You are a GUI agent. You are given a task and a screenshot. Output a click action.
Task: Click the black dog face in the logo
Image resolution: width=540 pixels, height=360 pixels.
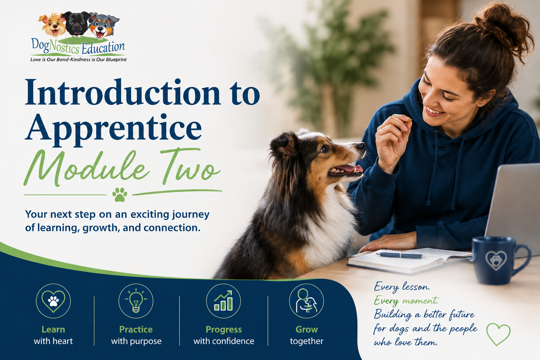tap(77, 24)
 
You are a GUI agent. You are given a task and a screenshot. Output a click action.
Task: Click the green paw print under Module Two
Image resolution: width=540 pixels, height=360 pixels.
tap(120, 194)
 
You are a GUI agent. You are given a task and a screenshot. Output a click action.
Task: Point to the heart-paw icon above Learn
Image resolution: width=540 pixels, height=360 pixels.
tap(53, 301)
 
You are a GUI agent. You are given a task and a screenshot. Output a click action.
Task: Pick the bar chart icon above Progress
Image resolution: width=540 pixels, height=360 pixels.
tap(224, 301)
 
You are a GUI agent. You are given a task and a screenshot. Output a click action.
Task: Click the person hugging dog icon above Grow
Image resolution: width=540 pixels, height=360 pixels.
tap(307, 301)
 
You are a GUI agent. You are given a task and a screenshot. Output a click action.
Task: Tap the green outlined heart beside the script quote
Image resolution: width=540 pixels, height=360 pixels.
tap(498, 334)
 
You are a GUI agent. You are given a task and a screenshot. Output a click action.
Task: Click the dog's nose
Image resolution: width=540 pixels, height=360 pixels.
tap(361, 146)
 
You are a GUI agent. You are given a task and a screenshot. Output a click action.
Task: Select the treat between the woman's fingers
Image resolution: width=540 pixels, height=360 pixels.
tap(409, 121)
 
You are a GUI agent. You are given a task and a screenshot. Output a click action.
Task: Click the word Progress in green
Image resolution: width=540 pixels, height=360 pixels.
tap(224, 329)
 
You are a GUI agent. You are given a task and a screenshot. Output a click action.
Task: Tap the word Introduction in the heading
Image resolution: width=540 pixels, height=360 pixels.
tap(123, 92)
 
